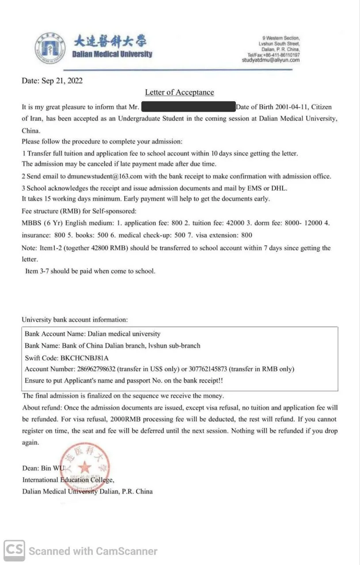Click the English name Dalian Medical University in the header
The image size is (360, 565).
112,54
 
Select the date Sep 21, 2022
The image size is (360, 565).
62,81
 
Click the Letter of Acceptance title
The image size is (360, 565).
179,92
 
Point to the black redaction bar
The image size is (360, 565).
188,107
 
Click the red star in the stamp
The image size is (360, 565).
85,467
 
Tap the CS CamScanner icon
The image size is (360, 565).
15,550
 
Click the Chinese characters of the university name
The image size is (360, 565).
110,41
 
